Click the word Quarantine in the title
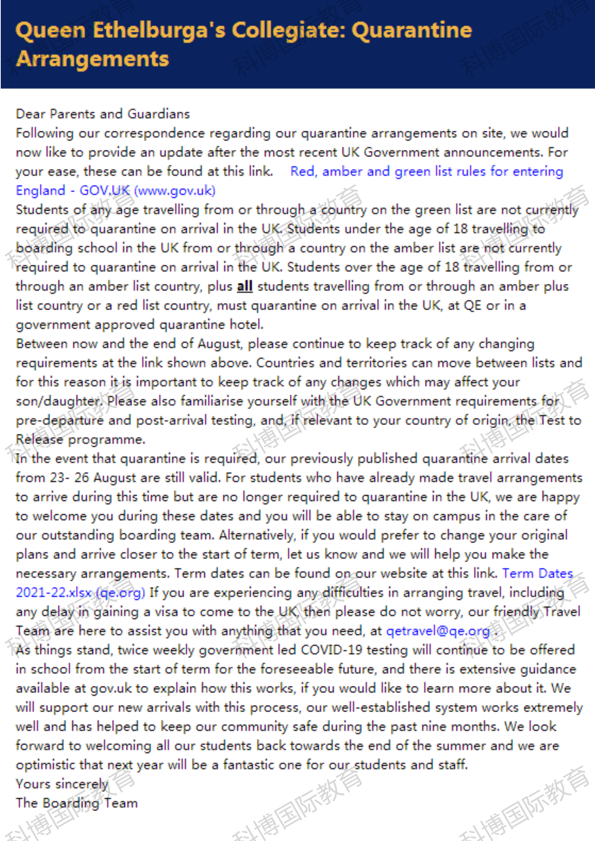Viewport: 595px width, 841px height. coord(411,30)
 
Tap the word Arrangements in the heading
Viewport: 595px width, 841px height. coord(92,59)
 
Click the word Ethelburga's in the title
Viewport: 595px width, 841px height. coord(159,30)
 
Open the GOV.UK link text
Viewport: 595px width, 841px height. coord(105,191)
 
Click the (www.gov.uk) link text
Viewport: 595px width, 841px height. coord(175,191)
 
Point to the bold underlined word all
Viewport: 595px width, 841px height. coord(245,286)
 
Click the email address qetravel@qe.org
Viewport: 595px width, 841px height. coord(438,631)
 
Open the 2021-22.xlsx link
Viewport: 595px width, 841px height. coord(54,593)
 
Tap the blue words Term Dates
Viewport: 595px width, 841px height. coord(538,574)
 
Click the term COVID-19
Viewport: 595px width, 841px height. coord(331,650)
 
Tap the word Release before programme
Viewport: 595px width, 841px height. coord(39,439)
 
